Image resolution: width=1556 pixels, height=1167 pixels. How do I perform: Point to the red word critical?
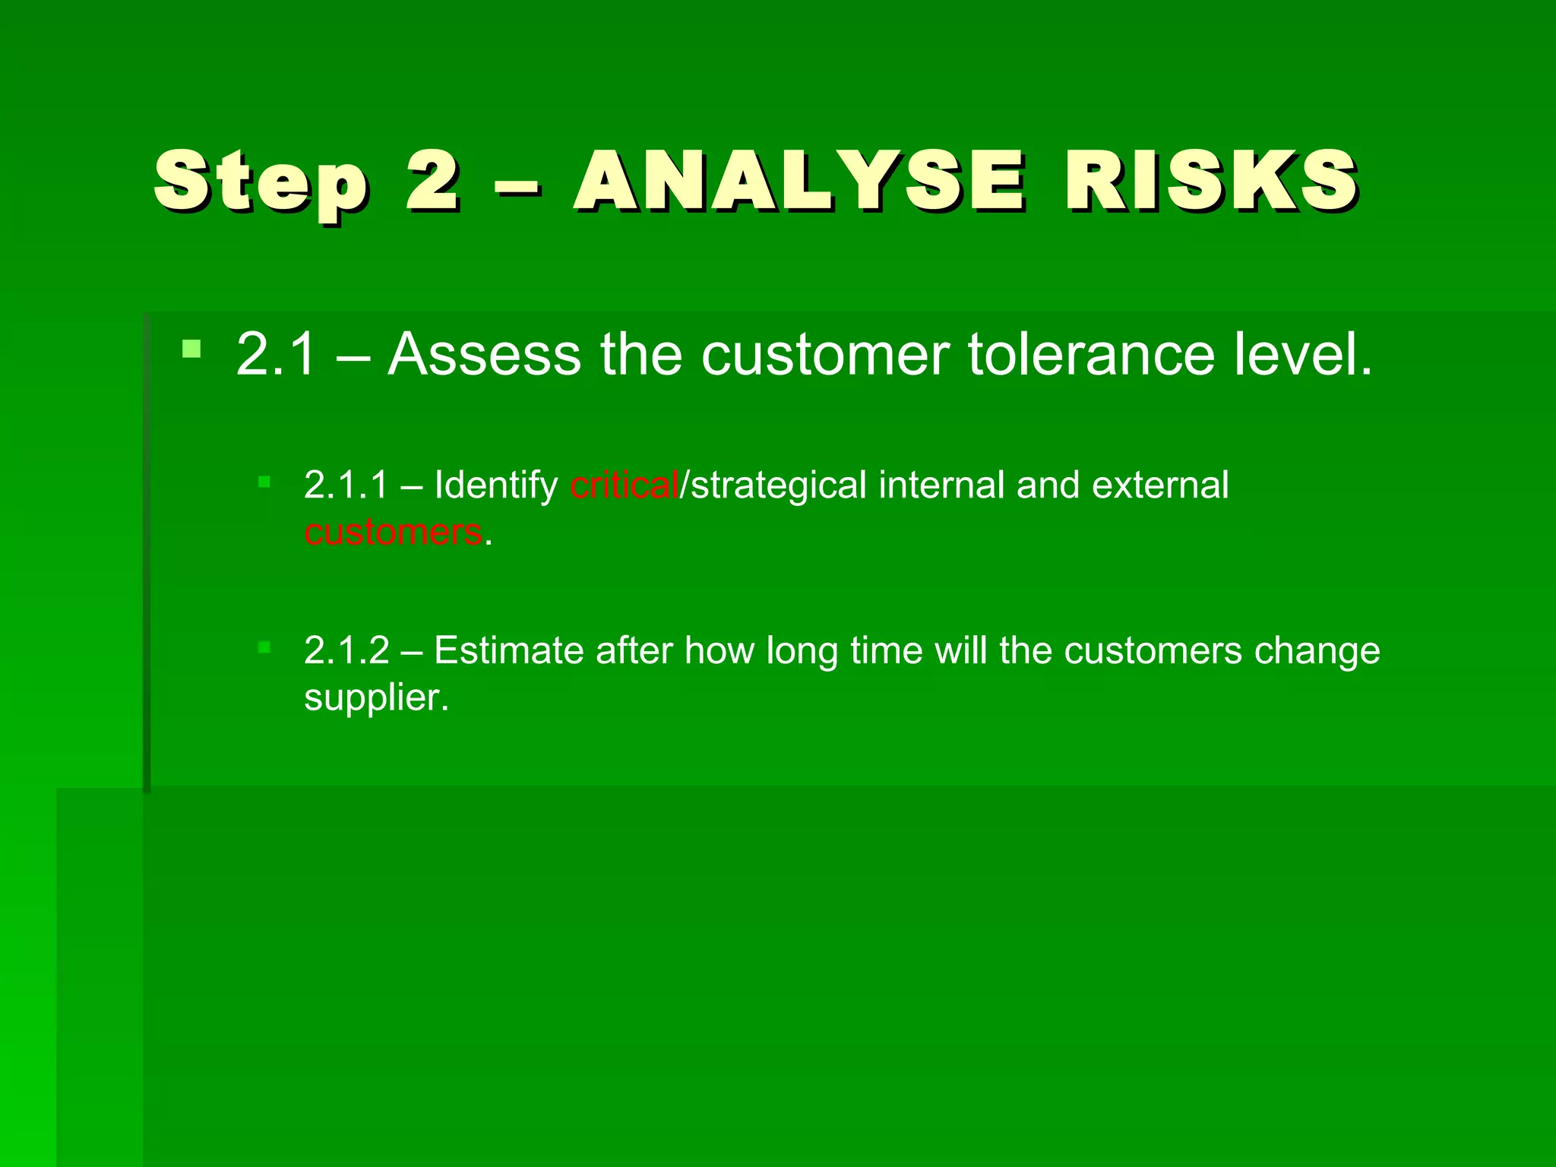pos(624,485)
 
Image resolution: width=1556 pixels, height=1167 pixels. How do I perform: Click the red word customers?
pos(393,532)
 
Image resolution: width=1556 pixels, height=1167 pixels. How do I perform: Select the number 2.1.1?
pos(346,485)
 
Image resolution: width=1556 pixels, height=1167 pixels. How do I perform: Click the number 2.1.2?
pos(346,651)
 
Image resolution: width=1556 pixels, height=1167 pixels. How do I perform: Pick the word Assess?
pos(484,354)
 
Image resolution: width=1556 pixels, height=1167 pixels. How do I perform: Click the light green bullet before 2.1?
pos(191,349)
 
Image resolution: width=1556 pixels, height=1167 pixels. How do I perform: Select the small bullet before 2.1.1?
pos(264,481)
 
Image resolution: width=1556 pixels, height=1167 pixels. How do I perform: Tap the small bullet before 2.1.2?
pos(264,647)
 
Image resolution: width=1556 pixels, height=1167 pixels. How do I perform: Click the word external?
pos(1159,485)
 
